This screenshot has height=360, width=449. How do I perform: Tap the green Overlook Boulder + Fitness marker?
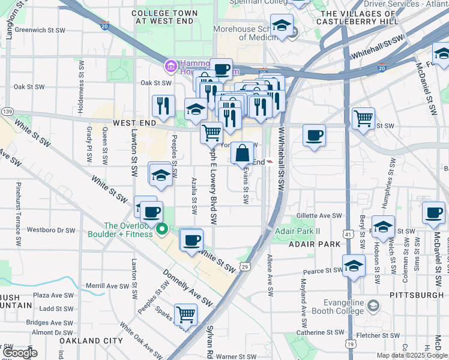pyautogui.click(x=161, y=229)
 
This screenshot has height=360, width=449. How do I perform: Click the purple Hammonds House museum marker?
pyautogui.click(x=171, y=65)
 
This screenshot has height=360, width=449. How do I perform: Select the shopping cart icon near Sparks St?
pyautogui.click(x=186, y=314)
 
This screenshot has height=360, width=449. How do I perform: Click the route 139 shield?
pyautogui.click(x=8, y=112)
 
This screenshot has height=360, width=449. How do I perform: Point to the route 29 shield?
pyautogui.click(x=245, y=266)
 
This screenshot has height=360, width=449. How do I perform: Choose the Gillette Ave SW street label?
pyautogui.click(x=319, y=216)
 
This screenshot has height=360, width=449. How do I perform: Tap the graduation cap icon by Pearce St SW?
pyautogui.click(x=354, y=265)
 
